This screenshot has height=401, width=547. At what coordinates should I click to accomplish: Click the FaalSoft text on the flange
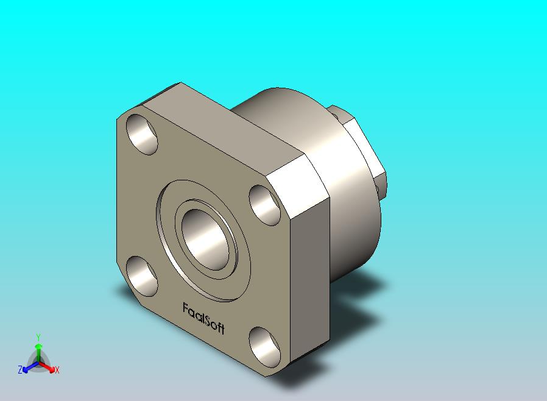(x=203, y=318)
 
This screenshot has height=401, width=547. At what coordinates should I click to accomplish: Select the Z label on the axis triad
(x=20, y=369)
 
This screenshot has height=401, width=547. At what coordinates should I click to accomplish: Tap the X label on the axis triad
(x=57, y=370)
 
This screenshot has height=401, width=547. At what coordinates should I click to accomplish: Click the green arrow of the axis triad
(x=38, y=350)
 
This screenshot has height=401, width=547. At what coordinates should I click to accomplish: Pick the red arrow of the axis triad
(x=49, y=367)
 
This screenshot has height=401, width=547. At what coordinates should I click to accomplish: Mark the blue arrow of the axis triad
(x=27, y=367)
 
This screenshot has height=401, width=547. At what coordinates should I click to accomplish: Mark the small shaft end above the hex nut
(x=337, y=112)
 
